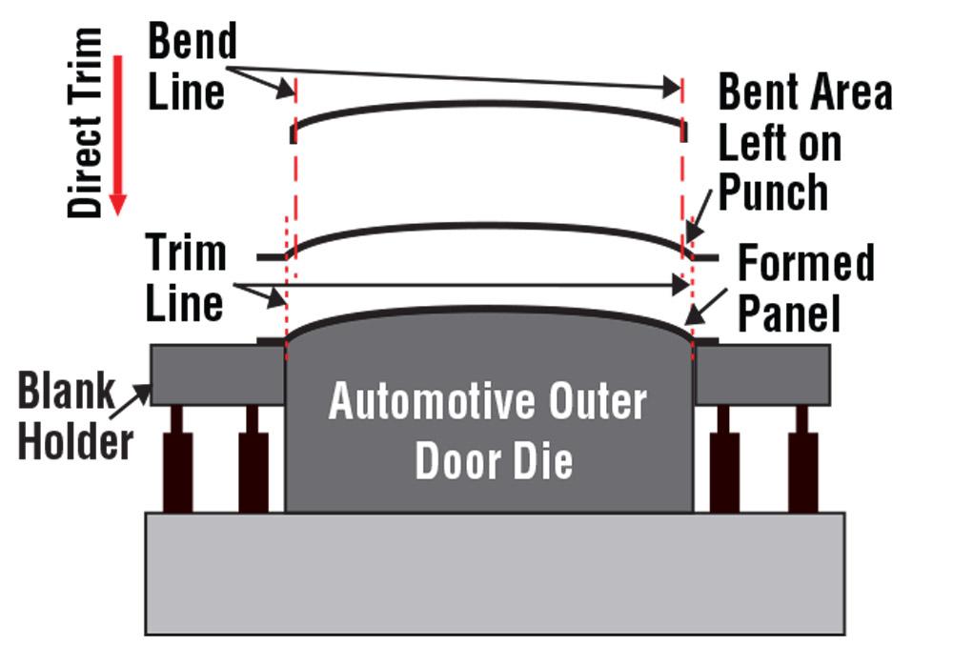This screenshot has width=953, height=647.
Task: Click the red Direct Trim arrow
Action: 117,133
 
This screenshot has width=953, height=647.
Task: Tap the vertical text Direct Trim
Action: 86,124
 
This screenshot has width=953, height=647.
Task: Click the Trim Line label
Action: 186,278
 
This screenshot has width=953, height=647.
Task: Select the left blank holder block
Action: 218,374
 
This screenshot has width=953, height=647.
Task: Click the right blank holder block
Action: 761,374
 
